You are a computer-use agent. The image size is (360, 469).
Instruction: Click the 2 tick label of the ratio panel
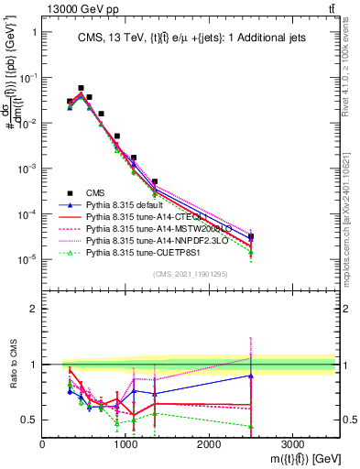click(33, 309)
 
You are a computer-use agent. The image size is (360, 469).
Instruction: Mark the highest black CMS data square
click(81, 88)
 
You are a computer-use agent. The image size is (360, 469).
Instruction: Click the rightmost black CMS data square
click(251, 236)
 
